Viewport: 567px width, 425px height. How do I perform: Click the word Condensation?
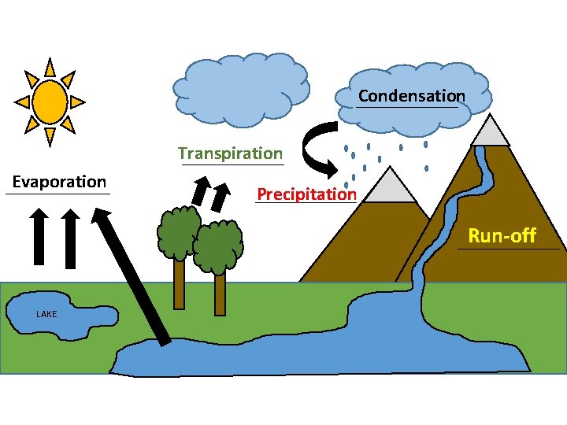click(x=411, y=96)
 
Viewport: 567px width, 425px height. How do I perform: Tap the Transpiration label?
click(x=230, y=153)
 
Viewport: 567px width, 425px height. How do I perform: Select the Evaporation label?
click(x=59, y=182)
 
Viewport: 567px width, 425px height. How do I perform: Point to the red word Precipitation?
click(x=306, y=194)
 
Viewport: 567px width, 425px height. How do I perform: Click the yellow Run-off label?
click(x=502, y=235)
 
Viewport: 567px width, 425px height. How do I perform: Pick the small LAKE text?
click(x=46, y=314)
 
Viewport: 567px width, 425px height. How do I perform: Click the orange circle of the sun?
click(x=50, y=101)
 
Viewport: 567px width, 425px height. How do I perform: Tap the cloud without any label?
click(x=240, y=88)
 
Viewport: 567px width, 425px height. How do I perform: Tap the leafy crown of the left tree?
click(x=177, y=231)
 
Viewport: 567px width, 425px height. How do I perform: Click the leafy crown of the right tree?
click(x=217, y=246)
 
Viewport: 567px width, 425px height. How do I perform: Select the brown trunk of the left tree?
click(x=180, y=283)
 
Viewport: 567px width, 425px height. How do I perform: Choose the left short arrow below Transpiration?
click(x=201, y=194)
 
